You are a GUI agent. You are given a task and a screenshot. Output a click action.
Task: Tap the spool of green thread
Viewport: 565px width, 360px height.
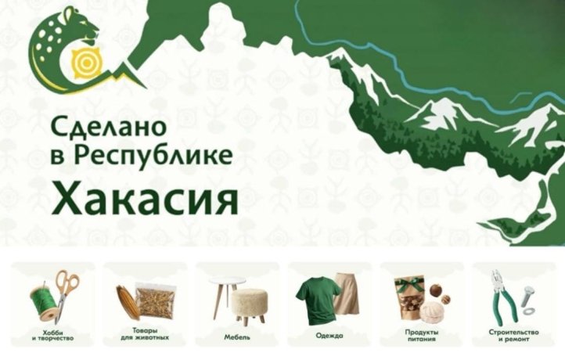[x=44, y=301]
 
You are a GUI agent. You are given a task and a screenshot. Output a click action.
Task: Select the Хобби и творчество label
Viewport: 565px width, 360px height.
[x=53, y=335]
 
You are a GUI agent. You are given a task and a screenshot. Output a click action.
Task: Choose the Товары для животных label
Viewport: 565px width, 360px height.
[x=146, y=335]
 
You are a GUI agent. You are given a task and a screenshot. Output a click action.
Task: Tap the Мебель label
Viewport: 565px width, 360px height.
[x=238, y=336]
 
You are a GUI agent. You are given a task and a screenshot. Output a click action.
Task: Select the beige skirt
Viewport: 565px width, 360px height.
[x=346, y=297]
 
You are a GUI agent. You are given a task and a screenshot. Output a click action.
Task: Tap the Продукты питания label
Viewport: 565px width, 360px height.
[x=422, y=335]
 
